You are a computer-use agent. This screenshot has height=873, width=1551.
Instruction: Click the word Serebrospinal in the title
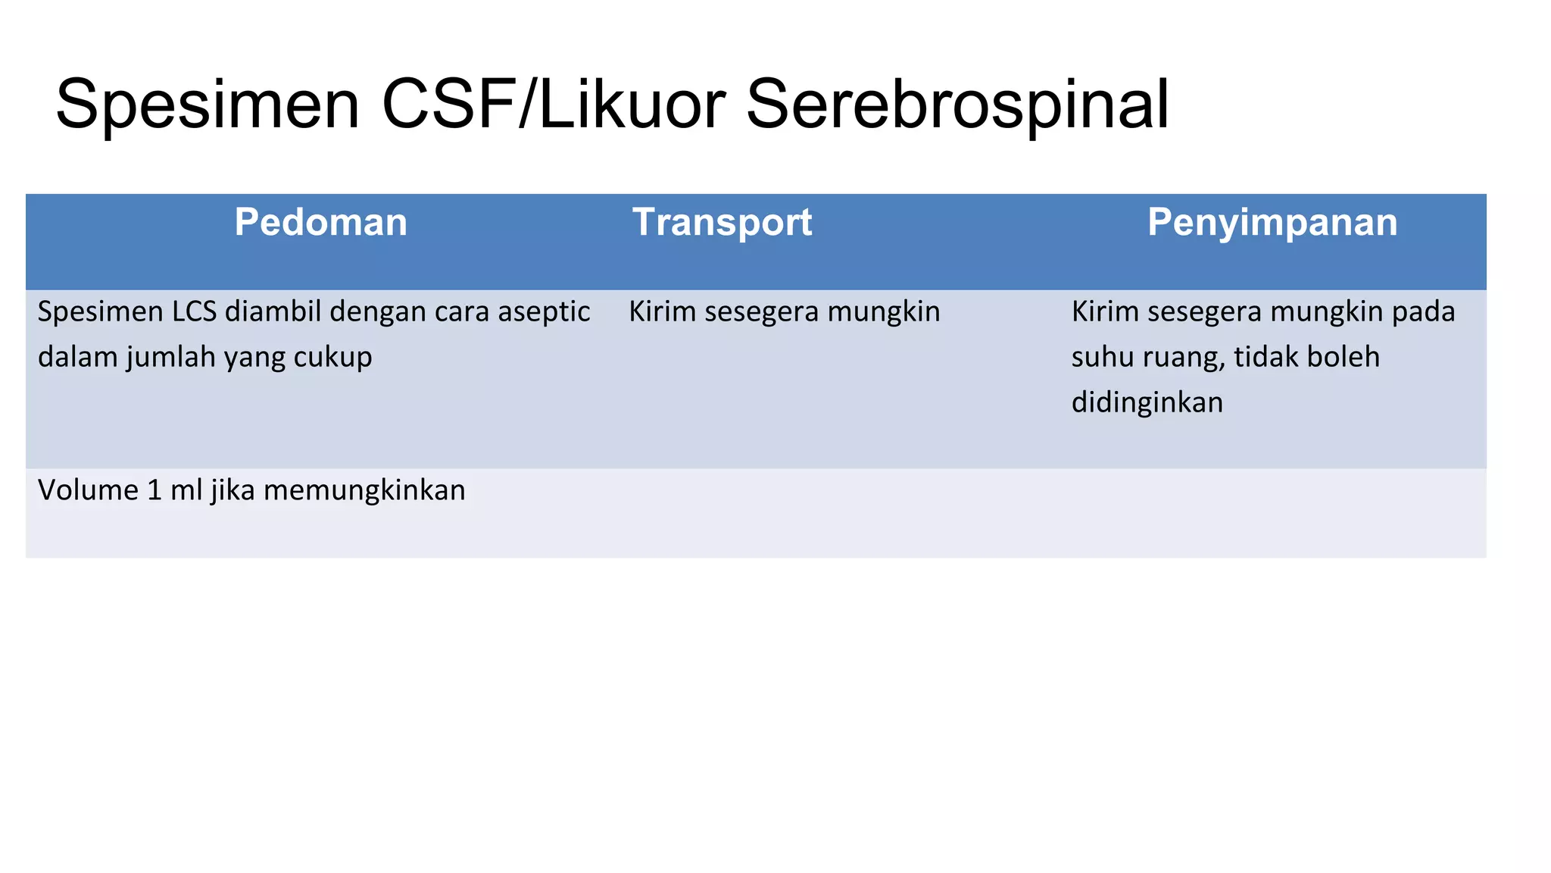tap(957, 105)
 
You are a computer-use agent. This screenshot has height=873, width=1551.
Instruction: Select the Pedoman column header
tap(320, 223)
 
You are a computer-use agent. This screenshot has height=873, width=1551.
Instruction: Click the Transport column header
tap(722, 223)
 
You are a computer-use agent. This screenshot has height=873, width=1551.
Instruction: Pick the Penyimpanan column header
tap(1272, 223)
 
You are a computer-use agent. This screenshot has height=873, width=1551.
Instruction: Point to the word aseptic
tap(544, 312)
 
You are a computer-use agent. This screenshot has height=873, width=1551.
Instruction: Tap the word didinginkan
tap(1147, 402)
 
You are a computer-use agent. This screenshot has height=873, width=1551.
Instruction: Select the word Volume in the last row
tap(87, 491)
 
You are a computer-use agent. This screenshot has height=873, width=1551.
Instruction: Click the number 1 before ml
tap(154, 491)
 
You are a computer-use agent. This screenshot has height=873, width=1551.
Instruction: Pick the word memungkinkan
tap(364, 491)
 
